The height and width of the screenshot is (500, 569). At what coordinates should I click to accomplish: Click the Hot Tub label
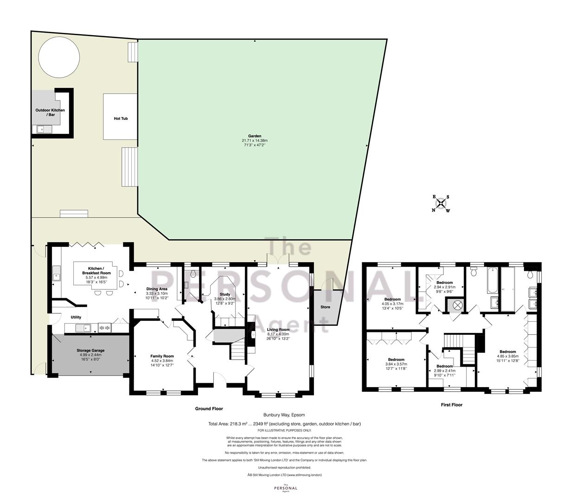pyautogui.click(x=121, y=119)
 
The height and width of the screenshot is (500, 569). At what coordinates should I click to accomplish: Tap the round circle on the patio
pyautogui.click(x=59, y=57)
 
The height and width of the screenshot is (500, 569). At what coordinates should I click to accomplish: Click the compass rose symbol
pyautogui.click(x=441, y=203)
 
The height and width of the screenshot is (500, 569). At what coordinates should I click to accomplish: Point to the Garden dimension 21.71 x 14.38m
pyautogui.click(x=255, y=140)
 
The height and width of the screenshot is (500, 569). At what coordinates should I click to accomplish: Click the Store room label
pyautogui.click(x=325, y=307)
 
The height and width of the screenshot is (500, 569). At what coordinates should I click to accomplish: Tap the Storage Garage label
pyautogui.click(x=90, y=350)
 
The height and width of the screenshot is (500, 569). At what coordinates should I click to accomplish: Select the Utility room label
pyautogui.click(x=76, y=317)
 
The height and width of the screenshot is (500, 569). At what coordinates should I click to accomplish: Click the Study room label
pyautogui.click(x=225, y=294)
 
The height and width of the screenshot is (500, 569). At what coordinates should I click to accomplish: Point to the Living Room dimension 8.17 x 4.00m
pyautogui.click(x=278, y=334)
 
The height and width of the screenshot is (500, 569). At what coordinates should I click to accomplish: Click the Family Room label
pyautogui.click(x=162, y=356)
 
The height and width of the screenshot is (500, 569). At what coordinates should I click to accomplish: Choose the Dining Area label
pyautogui.click(x=157, y=289)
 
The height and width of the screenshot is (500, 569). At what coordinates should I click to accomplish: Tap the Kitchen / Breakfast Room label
pyautogui.click(x=96, y=271)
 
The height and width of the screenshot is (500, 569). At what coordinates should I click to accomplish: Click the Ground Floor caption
pyautogui.click(x=209, y=409)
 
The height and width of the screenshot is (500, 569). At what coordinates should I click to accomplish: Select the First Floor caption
pyautogui.click(x=452, y=405)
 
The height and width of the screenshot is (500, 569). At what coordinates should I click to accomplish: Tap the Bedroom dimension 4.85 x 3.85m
pyautogui.click(x=508, y=356)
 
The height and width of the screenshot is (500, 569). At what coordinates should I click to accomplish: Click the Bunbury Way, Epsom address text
pyautogui.click(x=284, y=415)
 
